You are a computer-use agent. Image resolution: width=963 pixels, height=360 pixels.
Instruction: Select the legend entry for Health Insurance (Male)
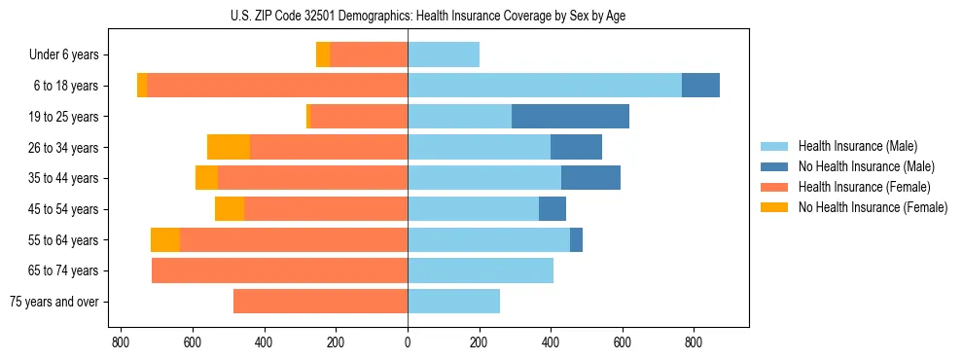pos(857,146)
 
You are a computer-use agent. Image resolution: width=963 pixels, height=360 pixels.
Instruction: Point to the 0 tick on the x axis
pos(408,342)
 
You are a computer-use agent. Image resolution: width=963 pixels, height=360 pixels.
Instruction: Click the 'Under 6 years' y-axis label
pos(63,55)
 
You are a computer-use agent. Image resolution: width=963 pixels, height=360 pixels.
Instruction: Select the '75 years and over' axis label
pos(54,302)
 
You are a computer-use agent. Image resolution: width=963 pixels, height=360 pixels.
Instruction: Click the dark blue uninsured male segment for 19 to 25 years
pos(570,117)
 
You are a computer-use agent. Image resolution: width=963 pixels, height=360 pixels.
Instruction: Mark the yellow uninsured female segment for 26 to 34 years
pos(229,147)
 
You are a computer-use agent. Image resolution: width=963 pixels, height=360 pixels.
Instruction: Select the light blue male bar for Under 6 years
pos(444,55)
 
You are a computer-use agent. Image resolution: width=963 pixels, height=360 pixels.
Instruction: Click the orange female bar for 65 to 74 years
pos(279,270)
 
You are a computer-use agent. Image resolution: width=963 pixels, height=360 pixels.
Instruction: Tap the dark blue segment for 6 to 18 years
pos(700,86)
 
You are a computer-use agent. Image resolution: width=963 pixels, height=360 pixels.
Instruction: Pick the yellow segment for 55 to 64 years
pos(165,239)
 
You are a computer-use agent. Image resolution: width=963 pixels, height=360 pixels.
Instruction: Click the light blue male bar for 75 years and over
pos(453,302)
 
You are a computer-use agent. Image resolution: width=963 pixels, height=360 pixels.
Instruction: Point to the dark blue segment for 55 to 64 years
pos(576,239)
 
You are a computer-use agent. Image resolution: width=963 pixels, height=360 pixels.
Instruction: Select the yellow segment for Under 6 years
pos(323,55)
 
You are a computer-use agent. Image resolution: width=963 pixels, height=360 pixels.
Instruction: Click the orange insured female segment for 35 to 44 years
pos(312,178)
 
